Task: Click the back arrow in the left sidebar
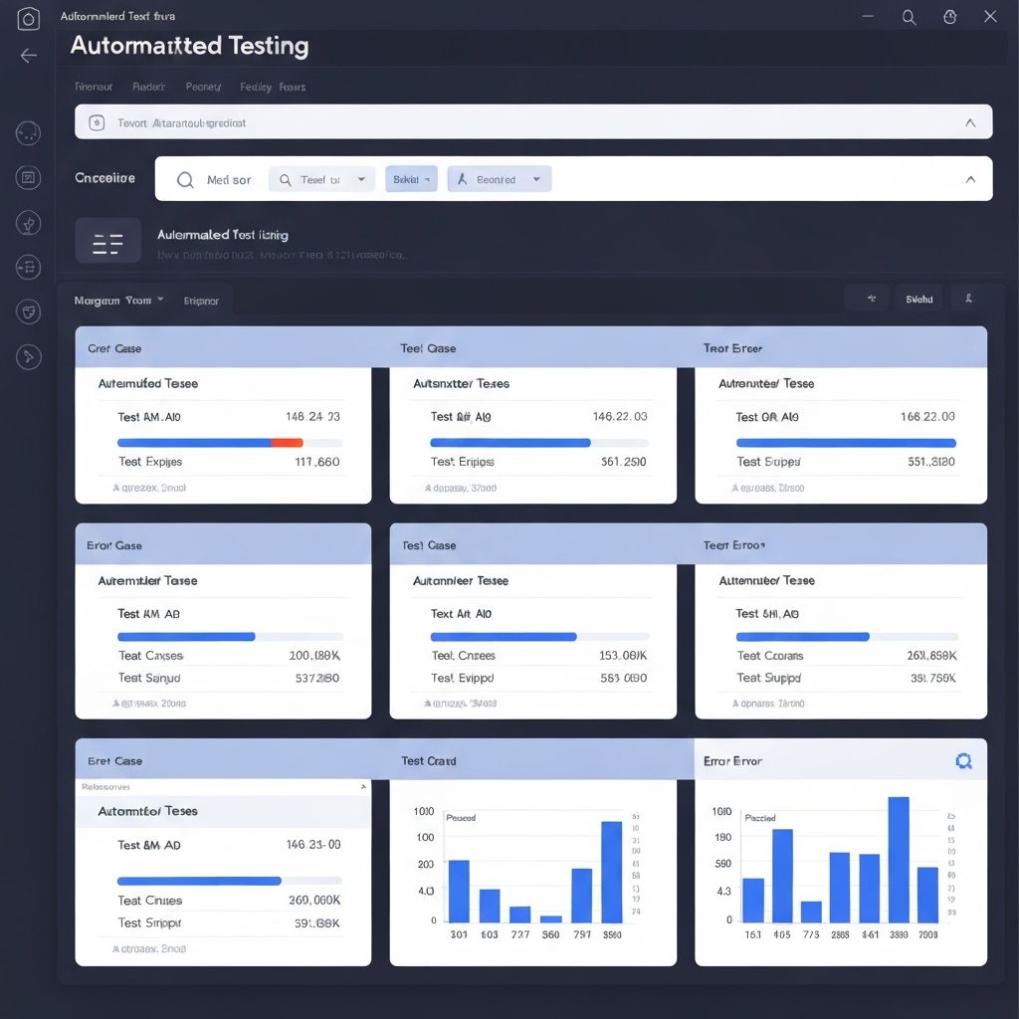tap(29, 56)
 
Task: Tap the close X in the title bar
tap(989, 16)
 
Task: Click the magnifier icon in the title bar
tap(909, 16)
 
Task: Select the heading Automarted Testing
tap(190, 46)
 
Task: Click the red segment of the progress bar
tap(287, 442)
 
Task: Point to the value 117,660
tap(317, 462)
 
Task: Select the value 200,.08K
tap(314, 656)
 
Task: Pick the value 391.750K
tap(932, 678)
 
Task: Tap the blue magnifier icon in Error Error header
tap(962, 761)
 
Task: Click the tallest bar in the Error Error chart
tap(899, 860)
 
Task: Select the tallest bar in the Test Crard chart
tap(611, 872)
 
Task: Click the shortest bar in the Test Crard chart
tap(551, 918)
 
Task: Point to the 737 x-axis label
tap(519, 935)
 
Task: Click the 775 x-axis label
tap(811, 935)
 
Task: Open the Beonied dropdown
tap(500, 179)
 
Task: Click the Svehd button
tap(918, 299)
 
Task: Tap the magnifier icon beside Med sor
tap(185, 180)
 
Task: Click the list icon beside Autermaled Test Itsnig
tap(107, 242)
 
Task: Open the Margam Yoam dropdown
tap(119, 300)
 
